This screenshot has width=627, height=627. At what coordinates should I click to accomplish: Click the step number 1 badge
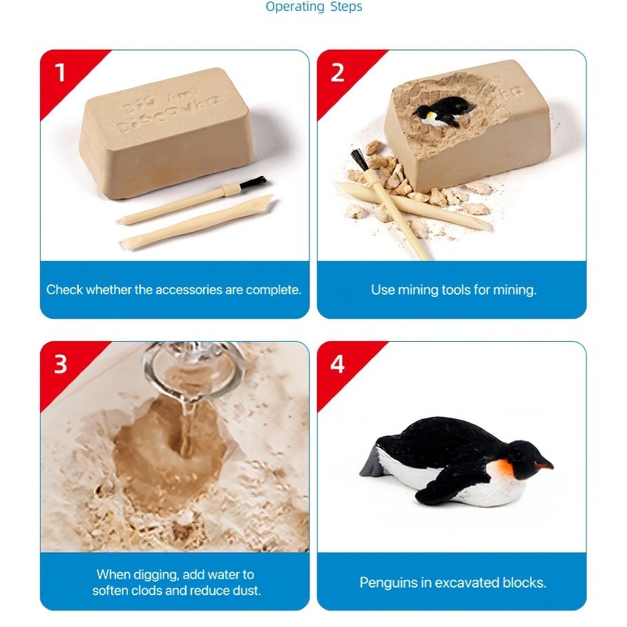tap(60, 71)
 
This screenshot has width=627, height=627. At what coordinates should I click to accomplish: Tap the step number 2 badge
tap(337, 71)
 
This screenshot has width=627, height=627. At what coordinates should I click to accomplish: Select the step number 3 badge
tap(60, 363)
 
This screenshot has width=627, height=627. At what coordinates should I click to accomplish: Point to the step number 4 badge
tap(337, 363)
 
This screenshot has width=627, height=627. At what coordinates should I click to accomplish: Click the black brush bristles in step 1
tap(255, 182)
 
